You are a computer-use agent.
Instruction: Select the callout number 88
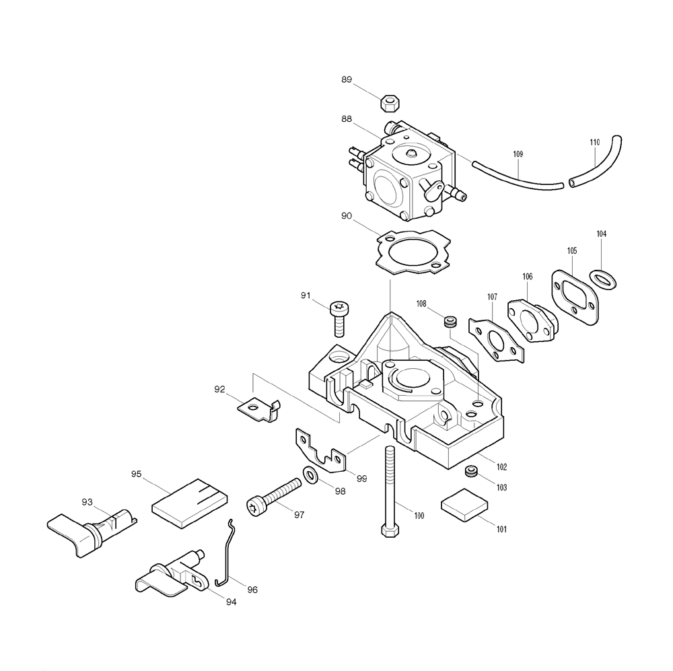(x=347, y=119)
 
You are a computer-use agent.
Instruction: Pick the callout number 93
(x=87, y=502)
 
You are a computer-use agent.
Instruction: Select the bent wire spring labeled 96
(x=226, y=554)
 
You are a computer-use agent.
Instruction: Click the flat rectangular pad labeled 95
(x=190, y=503)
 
